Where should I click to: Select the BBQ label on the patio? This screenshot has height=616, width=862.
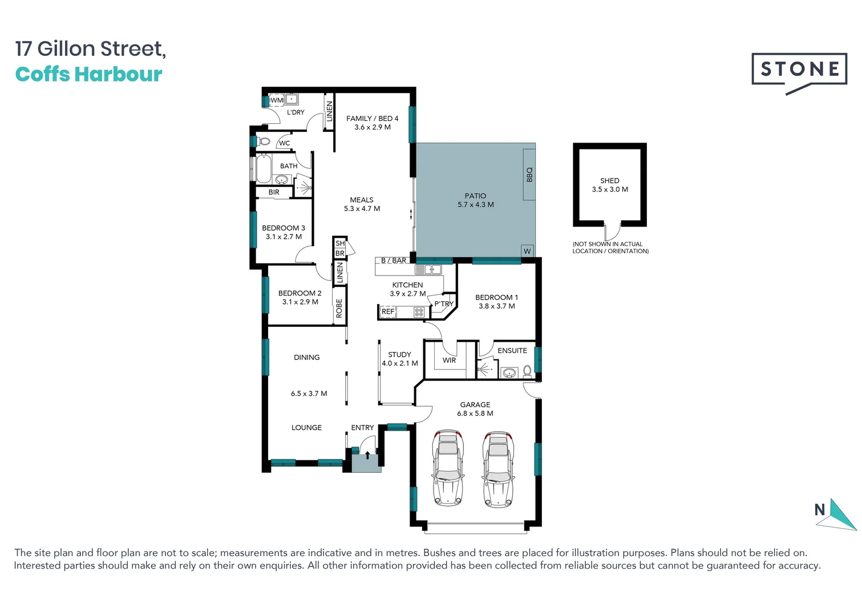click(x=529, y=175)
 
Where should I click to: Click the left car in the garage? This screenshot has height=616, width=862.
click(x=448, y=468)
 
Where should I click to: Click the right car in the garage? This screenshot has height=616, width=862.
click(x=498, y=468)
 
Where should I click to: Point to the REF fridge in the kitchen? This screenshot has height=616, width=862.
click(x=388, y=311)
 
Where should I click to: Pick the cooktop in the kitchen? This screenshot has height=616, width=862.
click(x=419, y=312)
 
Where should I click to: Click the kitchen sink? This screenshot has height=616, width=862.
click(x=428, y=269)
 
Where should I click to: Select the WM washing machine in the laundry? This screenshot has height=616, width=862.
click(x=276, y=100)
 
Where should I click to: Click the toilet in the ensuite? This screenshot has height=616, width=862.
click(x=527, y=371)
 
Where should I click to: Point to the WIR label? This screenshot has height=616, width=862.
click(x=450, y=360)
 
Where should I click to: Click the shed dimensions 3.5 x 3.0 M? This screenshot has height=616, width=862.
click(x=610, y=189)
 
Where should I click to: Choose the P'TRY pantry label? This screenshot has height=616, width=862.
click(x=443, y=304)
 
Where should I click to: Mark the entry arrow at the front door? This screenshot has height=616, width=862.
click(x=367, y=455)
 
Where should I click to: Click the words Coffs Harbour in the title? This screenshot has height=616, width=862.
click(x=89, y=74)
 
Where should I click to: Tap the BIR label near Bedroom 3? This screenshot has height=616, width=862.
click(x=274, y=192)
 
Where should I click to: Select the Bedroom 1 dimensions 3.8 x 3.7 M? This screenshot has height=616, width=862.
click(x=496, y=306)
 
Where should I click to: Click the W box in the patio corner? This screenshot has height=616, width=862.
click(x=527, y=251)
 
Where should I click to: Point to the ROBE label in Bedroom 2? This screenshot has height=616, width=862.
click(x=339, y=308)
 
